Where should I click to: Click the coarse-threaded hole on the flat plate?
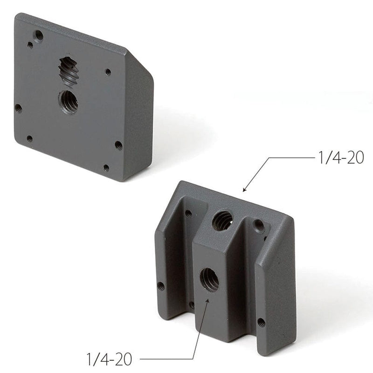[69, 71]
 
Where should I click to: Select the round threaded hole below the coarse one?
[68, 102]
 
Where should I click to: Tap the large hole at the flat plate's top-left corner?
[39, 35]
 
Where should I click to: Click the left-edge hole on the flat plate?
[18, 108]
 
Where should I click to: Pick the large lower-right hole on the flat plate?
[118, 145]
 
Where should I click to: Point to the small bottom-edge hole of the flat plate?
[106, 167]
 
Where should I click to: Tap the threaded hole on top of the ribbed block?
[222, 220]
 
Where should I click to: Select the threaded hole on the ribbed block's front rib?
[209, 280]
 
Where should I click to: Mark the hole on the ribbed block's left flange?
[161, 285]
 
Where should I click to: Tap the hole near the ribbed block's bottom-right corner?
[261, 322]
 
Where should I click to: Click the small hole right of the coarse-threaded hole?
[108, 72]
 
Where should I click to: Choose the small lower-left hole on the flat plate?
[29, 138]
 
